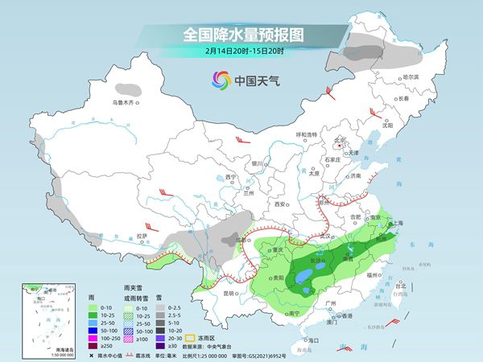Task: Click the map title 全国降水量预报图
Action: click(x=241, y=35)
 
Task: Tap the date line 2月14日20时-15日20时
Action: click(x=241, y=52)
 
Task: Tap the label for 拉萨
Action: click(x=142, y=236)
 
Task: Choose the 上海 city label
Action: click(x=396, y=223)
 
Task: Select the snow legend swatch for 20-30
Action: click(x=162, y=336)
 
